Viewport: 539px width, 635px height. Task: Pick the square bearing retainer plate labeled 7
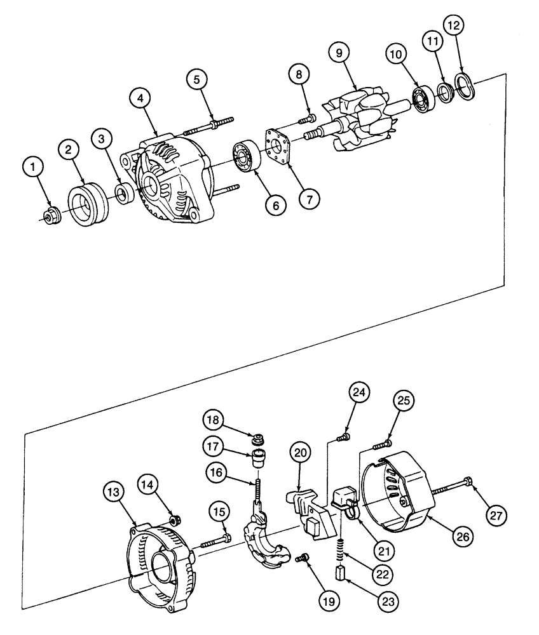tap(278, 148)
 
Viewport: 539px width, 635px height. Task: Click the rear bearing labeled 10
tap(421, 98)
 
